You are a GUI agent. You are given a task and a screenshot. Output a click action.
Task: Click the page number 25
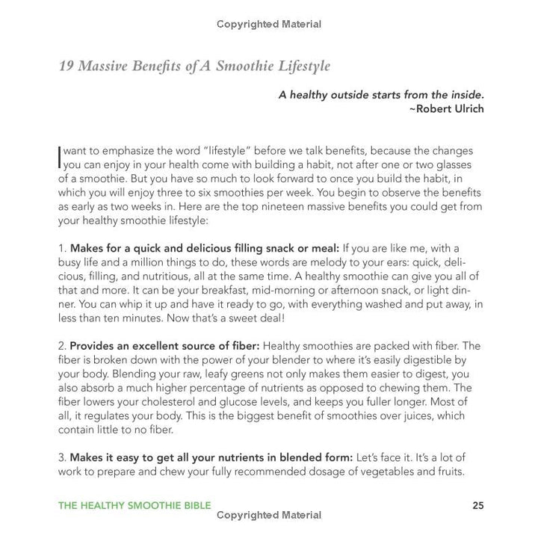pyautogui.click(x=478, y=505)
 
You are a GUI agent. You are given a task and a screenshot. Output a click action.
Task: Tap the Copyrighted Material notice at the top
pyautogui.click(x=269, y=24)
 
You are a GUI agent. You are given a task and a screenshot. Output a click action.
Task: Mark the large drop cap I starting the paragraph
pyautogui.click(x=60, y=156)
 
